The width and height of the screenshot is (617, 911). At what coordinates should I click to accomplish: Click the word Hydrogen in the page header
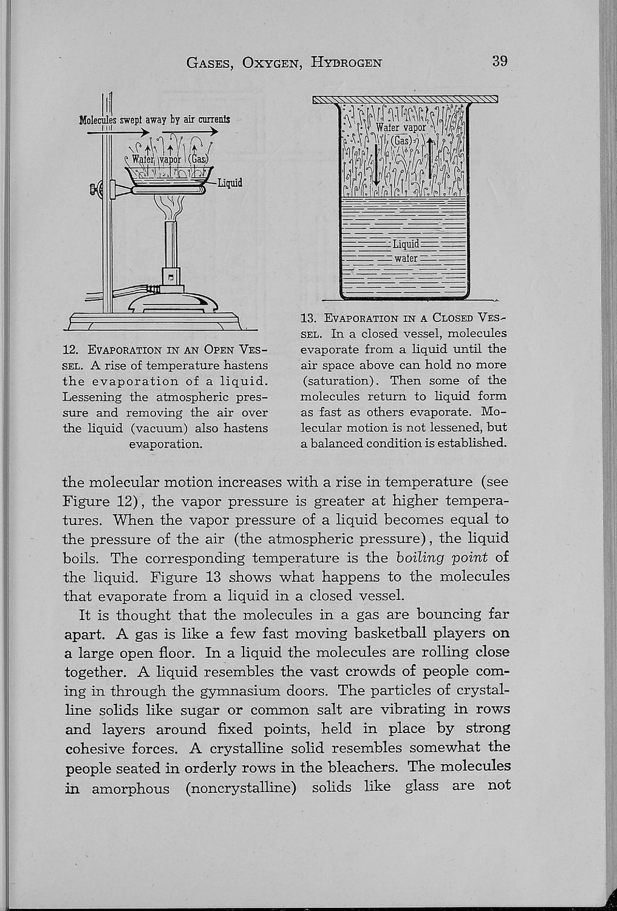[347, 61]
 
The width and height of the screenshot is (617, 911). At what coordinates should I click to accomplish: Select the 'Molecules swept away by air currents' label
[155, 119]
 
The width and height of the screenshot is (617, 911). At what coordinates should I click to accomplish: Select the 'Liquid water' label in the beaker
[406, 251]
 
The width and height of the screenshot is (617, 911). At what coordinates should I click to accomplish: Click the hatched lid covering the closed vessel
[405, 100]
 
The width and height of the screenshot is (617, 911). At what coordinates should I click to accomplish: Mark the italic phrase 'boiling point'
[443, 557]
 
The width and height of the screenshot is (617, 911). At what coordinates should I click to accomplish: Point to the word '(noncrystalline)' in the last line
[240, 788]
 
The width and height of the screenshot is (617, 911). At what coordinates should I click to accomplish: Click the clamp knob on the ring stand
[95, 189]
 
